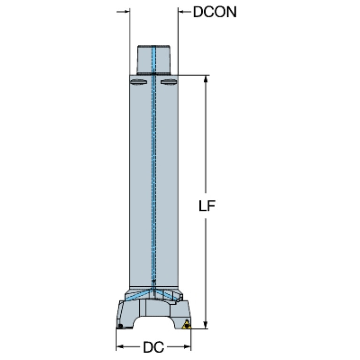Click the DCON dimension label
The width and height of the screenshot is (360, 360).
pos(214,12)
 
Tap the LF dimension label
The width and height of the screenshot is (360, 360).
pos(207,206)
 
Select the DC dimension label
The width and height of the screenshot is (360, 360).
pos(153,347)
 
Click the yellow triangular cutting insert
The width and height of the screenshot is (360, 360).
pos(186,325)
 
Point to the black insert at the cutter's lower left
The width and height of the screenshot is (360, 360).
pos(120,326)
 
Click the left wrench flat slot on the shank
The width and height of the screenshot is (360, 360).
pos(138,82)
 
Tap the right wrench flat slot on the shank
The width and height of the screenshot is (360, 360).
pos(169,82)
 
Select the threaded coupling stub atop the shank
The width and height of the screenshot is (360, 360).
pos(153,60)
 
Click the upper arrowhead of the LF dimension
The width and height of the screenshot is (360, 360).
pos(206,78)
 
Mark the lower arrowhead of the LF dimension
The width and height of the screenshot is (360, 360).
pos(206,325)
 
